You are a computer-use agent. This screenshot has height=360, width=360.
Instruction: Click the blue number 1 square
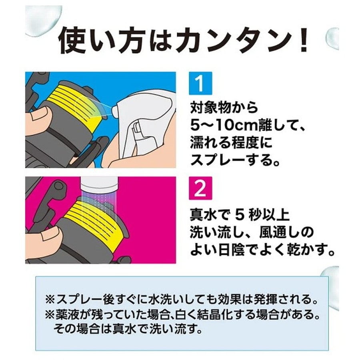tap(200, 83)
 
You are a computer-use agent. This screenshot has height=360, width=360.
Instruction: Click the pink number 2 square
tap(200, 188)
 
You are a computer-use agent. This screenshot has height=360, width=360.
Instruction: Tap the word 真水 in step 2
tap(201, 215)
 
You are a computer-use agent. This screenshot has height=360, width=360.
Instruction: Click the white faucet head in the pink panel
tap(99, 185)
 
